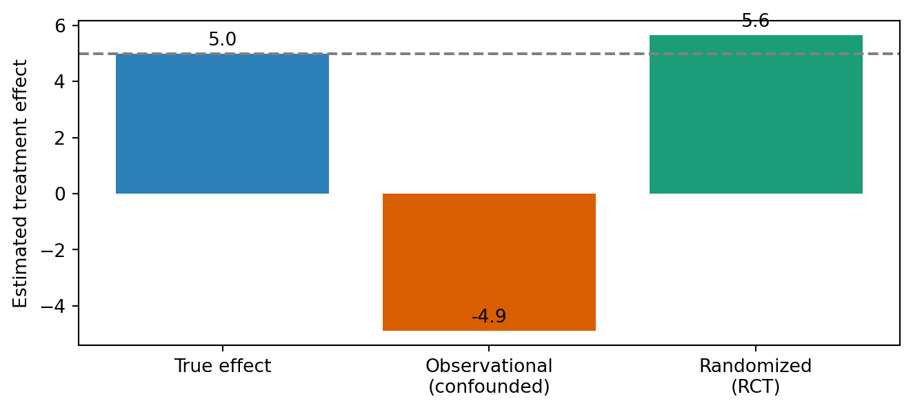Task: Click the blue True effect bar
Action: tap(222, 123)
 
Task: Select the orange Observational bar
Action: tap(489, 263)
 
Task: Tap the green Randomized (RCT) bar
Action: tap(756, 114)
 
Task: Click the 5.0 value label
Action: tap(222, 39)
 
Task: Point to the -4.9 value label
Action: tap(489, 316)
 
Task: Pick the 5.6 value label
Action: tap(755, 21)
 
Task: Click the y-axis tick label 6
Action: tap(60, 26)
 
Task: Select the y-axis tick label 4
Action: tap(60, 82)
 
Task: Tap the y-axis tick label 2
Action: tap(60, 138)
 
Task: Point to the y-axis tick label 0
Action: tap(60, 194)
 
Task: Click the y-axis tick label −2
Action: tap(53, 250)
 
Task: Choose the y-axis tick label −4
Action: tap(53, 306)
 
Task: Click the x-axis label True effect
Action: tap(223, 366)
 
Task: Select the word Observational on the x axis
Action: tap(489, 366)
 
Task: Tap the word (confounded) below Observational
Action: tap(489, 387)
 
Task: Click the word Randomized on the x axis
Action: tap(755, 366)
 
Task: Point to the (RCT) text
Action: tap(755, 387)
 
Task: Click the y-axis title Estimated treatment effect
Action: tap(19, 183)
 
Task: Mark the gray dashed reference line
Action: tap(489, 54)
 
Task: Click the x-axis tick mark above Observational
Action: tap(489, 348)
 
